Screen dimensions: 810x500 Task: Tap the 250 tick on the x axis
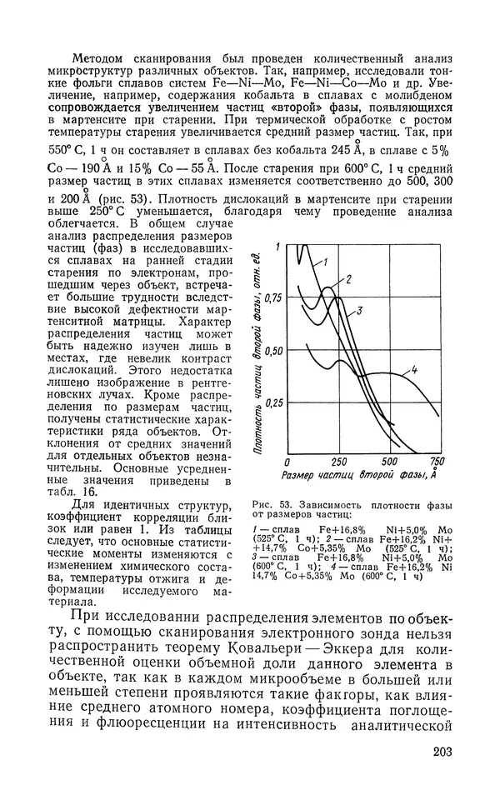(x=338, y=462)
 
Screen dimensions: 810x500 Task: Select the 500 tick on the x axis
(x=389, y=462)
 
